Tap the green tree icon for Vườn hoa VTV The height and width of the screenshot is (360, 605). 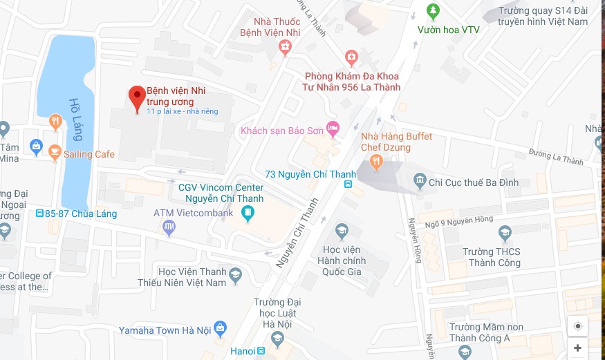point(434,11)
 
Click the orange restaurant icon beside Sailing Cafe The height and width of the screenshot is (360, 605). point(55,152)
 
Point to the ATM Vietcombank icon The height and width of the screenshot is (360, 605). point(169,227)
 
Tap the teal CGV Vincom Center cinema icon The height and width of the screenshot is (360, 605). point(247,215)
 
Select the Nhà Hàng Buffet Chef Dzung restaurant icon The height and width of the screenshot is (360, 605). point(376,162)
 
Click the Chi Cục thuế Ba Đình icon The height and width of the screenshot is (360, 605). point(420,182)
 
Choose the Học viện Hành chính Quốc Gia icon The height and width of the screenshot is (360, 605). point(342,230)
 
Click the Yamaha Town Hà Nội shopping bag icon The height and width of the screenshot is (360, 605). point(220,327)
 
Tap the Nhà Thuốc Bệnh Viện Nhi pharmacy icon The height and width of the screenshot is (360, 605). point(285,46)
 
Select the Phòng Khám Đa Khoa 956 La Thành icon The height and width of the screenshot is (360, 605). point(351,56)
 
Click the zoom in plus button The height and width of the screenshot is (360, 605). point(578,348)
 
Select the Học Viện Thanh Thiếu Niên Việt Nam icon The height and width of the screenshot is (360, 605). point(236,276)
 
